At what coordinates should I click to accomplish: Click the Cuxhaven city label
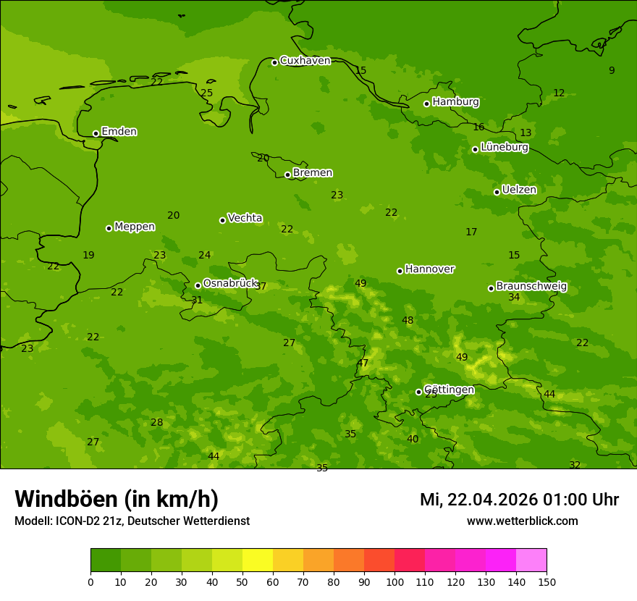click(x=305, y=61)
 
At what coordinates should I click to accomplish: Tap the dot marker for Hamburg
click(x=427, y=104)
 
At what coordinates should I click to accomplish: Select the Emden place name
click(x=119, y=132)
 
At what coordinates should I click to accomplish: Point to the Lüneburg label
click(x=504, y=148)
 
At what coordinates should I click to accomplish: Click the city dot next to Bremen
click(x=287, y=175)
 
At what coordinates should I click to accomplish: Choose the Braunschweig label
click(x=531, y=287)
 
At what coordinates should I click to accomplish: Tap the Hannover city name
click(x=429, y=269)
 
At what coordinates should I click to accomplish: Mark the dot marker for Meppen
click(x=109, y=228)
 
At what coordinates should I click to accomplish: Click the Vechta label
click(x=245, y=219)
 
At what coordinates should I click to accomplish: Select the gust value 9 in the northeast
click(x=612, y=70)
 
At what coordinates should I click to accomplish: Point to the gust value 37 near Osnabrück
click(x=261, y=287)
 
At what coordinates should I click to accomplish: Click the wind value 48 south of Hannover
click(x=408, y=321)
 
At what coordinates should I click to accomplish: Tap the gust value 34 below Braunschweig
click(x=514, y=298)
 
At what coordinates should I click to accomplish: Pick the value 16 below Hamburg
click(x=478, y=127)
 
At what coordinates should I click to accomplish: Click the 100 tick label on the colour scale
click(x=395, y=581)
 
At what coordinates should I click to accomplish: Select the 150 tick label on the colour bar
click(x=547, y=581)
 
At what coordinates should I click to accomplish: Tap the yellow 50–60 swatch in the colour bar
click(x=258, y=560)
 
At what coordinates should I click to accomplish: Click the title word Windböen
click(x=65, y=499)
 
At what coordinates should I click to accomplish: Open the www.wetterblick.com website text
click(x=522, y=521)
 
